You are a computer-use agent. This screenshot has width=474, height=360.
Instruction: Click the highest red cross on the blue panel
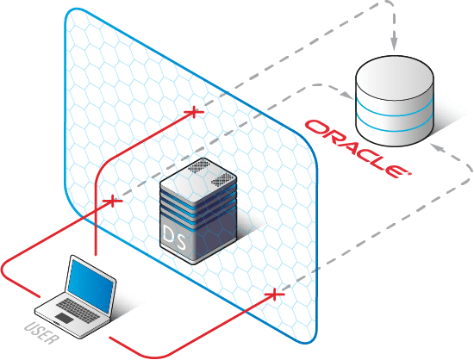tap(194, 112)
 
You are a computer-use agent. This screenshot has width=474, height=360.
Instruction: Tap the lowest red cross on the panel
tap(274, 294)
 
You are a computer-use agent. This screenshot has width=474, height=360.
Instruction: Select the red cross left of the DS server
tap(112, 201)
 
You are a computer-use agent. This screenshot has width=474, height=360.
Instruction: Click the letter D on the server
tap(168, 233)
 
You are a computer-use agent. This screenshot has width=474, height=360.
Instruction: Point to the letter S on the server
tap(181, 240)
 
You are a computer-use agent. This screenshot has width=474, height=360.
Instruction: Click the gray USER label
tap(41, 332)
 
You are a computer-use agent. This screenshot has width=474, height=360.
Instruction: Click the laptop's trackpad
tap(65, 318)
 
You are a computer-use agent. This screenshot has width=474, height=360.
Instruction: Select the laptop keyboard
tap(78, 310)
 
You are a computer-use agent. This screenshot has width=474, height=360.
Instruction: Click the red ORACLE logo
tap(358, 148)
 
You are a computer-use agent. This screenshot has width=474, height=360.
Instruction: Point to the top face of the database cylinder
tap(395, 78)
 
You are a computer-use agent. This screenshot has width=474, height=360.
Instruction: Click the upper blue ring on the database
tap(395, 110)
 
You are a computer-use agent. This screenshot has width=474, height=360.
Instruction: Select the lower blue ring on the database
tap(395, 127)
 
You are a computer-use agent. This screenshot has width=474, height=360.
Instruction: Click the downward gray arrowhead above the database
tap(394, 45)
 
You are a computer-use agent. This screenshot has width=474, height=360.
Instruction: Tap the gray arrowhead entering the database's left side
tap(347, 96)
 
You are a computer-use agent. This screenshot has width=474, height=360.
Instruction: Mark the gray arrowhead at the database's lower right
tap(437, 147)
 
